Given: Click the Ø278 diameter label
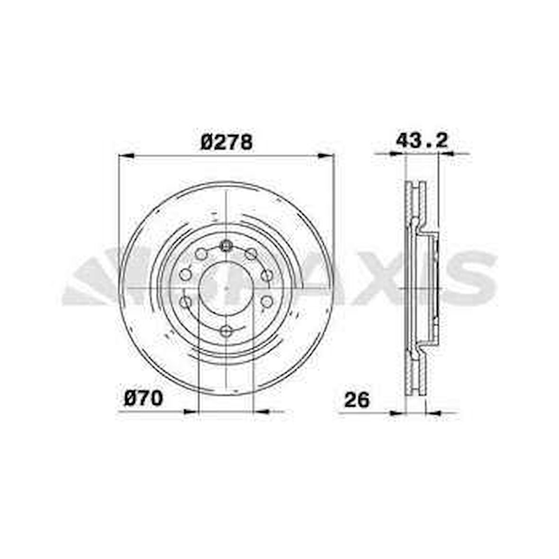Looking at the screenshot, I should click(226, 142).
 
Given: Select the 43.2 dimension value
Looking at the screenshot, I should click(421, 141).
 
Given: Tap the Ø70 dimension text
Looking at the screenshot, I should click(144, 399).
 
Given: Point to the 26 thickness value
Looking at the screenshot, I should click(356, 400).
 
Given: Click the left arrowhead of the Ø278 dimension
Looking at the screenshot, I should click(126, 155).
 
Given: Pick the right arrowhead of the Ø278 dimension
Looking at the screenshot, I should click(326, 155).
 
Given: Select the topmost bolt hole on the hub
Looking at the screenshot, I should click(226, 245).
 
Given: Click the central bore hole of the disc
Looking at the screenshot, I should click(226, 288).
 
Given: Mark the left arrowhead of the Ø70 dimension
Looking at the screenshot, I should click(190, 412).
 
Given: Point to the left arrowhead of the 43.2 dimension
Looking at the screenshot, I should click(397, 153).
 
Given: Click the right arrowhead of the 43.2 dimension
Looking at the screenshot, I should click(446, 153).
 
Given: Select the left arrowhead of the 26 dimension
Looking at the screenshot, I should click(397, 413).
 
